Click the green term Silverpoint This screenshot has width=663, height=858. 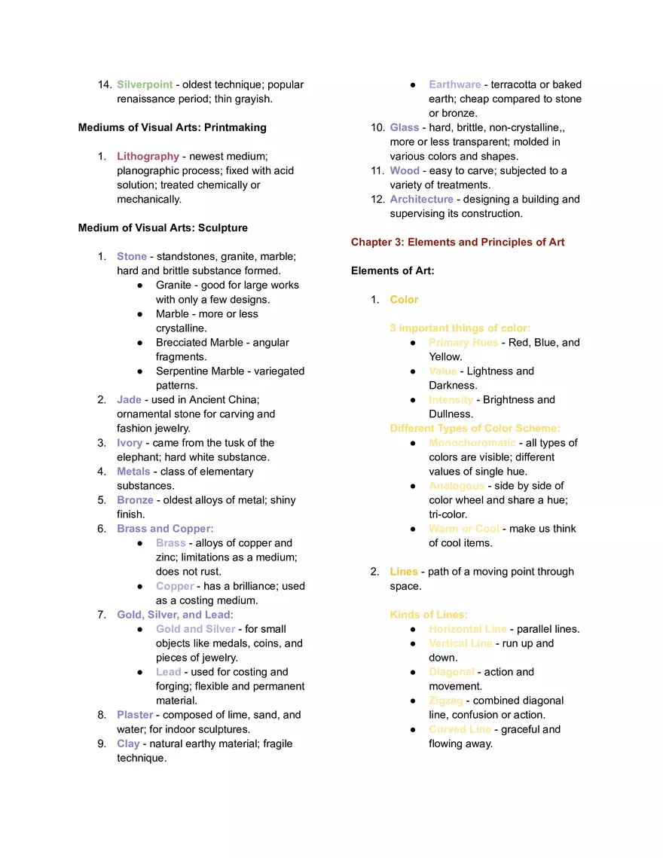pyautogui.click(x=145, y=84)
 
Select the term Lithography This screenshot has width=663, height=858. pyautogui.click(x=148, y=156)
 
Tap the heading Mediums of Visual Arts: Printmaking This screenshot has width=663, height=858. pyautogui.click(x=172, y=127)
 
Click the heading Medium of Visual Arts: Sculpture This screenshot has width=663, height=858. pyautogui.click(x=163, y=227)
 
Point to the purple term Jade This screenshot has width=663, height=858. pyautogui.click(x=129, y=399)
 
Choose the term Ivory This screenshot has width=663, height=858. pyautogui.click(x=130, y=442)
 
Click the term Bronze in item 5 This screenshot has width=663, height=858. pyautogui.click(x=135, y=499)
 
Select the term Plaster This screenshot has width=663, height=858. pyautogui.click(x=135, y=714)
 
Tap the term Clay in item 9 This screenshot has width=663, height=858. pyautogui.click(x=128, y=743)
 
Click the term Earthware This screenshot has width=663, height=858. pyautogui.click(x=454, y=84)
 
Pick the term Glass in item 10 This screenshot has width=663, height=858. pyautogui.click(x=404, y=127)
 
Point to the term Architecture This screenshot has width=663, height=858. pyautogui.click(x=421, y=199)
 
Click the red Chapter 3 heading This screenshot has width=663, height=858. pyautogui.click(x=457, y=242)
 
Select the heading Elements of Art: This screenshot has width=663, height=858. pyautogui.click(x=393, y=270)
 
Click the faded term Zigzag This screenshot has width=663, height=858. pyautogui.click(x=445, y=700)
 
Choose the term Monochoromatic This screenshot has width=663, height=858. pyautogui.click(x=472, y=442)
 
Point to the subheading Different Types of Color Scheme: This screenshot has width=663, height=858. pyautogui.click(x=475, y=428)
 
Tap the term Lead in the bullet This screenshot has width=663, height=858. pyautogui.click(x=168, y=671)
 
